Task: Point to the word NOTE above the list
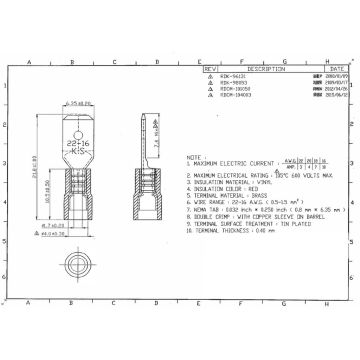(192, 157)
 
